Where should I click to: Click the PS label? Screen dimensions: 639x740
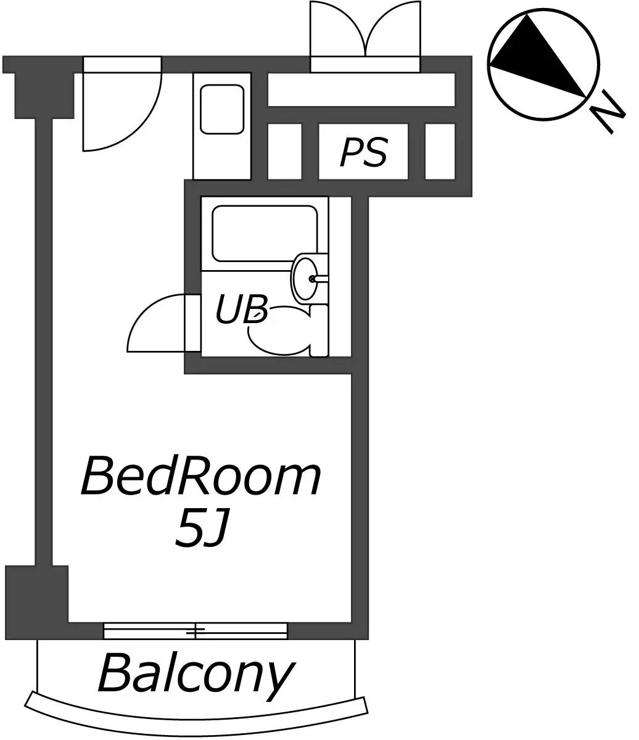363,152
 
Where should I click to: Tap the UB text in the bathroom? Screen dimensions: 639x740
242,309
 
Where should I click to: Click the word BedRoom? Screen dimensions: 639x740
200,477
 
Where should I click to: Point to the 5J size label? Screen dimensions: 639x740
202,533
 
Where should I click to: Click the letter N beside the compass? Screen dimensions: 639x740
608,112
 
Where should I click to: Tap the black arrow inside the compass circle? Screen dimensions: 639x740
538,55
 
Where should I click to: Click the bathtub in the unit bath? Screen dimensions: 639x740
265,233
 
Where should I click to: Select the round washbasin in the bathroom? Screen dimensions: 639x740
305,278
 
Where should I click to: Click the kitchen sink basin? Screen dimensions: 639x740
222,109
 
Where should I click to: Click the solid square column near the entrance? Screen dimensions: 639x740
44,95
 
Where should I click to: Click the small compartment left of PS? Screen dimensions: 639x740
285,152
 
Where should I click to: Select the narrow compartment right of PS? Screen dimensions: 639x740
440,152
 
